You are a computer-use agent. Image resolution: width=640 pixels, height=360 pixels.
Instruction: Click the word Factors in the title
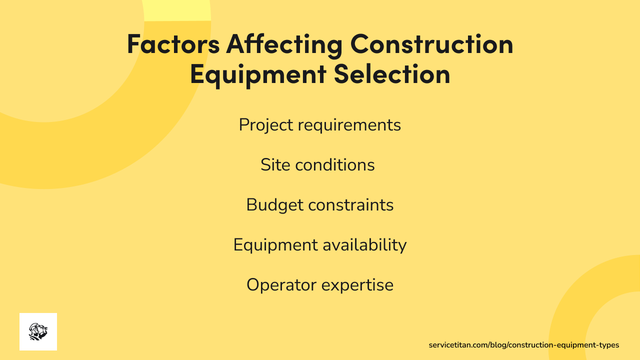(173, 44)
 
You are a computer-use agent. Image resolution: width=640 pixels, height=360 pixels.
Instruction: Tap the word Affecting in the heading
(284, 44)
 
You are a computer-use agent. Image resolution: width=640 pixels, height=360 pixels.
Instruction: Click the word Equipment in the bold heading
(257, 74)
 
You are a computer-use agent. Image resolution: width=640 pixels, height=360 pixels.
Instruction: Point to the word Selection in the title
(392, 74)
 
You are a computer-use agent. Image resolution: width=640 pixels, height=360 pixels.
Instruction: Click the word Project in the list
(266, 125)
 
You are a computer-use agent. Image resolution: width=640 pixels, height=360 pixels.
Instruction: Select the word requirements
(349, 125)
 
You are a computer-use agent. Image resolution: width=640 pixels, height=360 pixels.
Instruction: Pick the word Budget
(274, 205)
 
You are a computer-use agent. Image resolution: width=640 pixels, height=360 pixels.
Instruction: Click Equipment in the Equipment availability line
(275, 245)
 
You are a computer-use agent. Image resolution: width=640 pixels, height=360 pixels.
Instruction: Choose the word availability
(364, 245)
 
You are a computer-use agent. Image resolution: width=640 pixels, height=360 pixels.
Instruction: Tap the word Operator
(281, 285)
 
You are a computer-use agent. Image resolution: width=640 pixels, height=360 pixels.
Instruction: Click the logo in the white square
(38, 331)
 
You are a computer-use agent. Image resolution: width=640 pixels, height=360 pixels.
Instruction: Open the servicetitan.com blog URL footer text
(523, 345)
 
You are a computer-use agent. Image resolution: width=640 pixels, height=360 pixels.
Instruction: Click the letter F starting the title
(133, 44)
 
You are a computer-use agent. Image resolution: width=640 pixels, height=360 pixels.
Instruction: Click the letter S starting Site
(265, 165)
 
